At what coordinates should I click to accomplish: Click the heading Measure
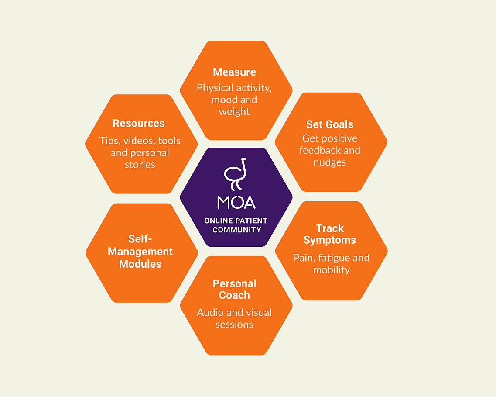pyautogui.click(x=234, y=72)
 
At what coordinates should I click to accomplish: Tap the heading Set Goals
pyautogui.click(x=330, y=124)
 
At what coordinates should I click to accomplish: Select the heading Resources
pyautogui.click(x=139, y=123)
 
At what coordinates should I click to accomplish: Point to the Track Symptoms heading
pyautogui.click(x=330, y=234)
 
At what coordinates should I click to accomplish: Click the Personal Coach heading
pyautogui.click(x=234, y=289)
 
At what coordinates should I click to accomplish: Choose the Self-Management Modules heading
pyautogui.click(x=140, y=252)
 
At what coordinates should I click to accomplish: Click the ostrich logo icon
pyautogui.click(x=236, y=174)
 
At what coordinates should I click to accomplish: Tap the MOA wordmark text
pyautogui.click(x=236, y=202)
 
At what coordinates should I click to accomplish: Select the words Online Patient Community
pyautogui.click(x=236, y=225)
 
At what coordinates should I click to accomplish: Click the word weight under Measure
pyautogui.click(x=234, y=112)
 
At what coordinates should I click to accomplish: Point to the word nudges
pyautogui.click(x=330, y=162)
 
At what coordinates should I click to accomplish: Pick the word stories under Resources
pyautogui.click(x=140, y=165)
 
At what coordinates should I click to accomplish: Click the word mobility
pyautogui.click(x=332, y=270)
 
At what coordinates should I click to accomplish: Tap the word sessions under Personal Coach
pyautogui.click(x=234, y=325)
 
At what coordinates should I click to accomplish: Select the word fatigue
pyautogui.click(x=332, y=258)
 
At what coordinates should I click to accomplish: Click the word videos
pyautogui.click(x=140, y=141)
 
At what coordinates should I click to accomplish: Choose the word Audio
pyautogui.click(x=211, y=313)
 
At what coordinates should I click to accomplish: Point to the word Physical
pyautogui.click(x=214, y=88)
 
